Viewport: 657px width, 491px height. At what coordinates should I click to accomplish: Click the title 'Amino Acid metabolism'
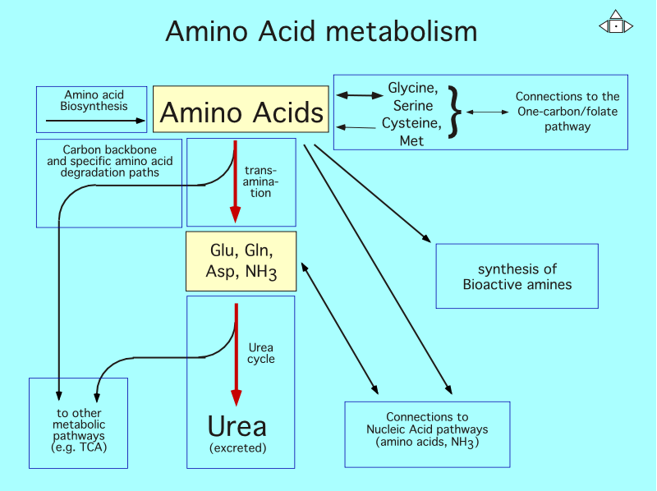click(321, 31)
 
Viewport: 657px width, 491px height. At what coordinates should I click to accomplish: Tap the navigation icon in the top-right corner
click(616, 25)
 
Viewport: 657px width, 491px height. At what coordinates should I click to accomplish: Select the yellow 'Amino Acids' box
click(241, 111)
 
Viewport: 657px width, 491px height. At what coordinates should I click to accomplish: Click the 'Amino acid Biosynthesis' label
click(93, 100)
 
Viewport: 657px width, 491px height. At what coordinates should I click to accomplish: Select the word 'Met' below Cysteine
click(411, 141)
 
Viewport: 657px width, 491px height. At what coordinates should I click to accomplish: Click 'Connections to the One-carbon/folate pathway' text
click(567, 112)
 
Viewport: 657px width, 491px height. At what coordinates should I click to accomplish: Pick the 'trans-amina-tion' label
click(260, 181)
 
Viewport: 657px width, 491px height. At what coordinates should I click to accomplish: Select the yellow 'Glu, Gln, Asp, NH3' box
click(241, 261)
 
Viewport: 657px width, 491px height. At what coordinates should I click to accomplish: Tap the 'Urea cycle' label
click(261, 353)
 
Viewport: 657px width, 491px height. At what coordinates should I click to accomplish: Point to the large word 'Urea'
click(237, 426)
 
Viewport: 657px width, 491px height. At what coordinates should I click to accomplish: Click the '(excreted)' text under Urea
click(238, 448)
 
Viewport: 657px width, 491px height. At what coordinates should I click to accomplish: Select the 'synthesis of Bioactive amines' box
click(517, 277)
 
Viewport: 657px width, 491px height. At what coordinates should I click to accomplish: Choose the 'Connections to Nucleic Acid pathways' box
click(427, 429)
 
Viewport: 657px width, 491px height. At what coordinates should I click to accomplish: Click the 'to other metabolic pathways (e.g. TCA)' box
click(79, 429)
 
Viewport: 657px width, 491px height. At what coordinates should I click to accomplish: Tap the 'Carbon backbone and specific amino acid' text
click(109, 161)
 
